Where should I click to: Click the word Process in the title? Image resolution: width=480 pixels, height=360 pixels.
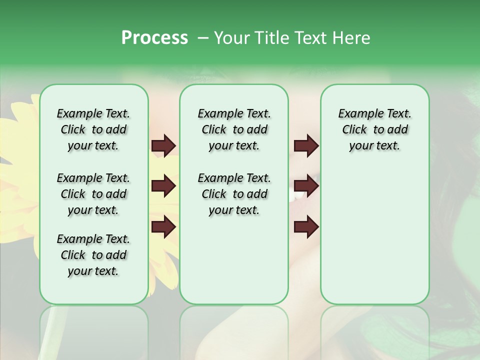tap(154, 38)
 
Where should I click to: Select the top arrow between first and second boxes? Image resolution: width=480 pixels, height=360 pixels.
tap(163, 146)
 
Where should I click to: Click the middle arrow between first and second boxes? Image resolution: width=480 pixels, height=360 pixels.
tap(163, 186)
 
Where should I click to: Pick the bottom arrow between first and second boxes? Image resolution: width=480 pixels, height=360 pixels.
tap(163, 227)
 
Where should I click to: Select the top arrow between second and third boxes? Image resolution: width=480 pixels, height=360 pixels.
tap(306, 146)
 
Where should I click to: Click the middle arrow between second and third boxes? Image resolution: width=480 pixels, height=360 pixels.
tap(306, 186)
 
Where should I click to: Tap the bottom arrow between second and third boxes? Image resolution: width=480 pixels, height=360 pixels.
tap(306, 227)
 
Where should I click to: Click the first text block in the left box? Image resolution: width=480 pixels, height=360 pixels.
tap(93, 129)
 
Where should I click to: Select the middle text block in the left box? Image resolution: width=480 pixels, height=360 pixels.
tap(93, 194)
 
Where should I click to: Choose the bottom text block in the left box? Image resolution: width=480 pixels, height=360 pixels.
tap(93, 255)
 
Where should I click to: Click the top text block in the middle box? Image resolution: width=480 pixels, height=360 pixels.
tap(234, 129)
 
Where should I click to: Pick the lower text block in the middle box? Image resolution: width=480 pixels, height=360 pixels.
tap(234, 194)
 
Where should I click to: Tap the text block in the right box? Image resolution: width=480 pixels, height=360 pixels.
tap(374, 129)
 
